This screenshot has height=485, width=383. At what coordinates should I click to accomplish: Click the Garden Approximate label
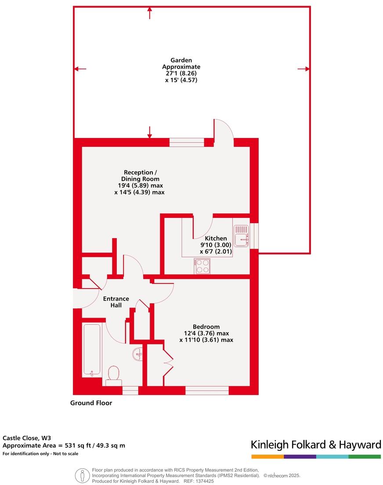(181, 70)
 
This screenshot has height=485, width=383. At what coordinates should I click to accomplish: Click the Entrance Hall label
(116, 302)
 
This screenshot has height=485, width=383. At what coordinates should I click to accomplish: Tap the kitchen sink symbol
(242, 235)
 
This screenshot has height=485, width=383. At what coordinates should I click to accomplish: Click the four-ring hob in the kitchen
(202, 266)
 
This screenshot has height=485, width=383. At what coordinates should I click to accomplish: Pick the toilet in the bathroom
(114, 375)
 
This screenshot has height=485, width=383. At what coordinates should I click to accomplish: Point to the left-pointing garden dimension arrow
(80, 69)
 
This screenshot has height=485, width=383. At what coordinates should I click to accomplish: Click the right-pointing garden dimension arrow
(304, 69)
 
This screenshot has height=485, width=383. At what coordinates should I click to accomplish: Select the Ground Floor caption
(91, 403)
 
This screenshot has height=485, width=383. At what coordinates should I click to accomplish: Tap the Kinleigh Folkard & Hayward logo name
(316, 445)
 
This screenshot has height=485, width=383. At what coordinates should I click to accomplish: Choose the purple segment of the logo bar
(300, 457)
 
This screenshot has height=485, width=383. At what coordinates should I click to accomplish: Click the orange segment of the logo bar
(267, 457)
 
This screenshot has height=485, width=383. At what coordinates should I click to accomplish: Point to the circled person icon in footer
(81, 475)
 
